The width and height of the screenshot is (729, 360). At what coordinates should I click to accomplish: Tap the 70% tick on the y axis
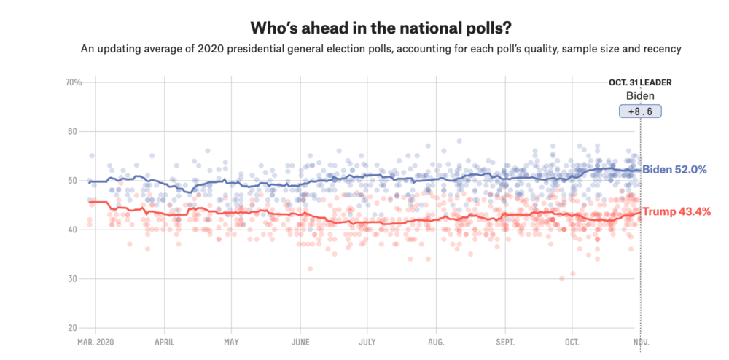(x=73, y=82)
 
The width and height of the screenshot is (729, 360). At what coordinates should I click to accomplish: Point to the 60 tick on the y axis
(x=74, y=132)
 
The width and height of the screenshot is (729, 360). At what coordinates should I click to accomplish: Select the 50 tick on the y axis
(x=74, y=181)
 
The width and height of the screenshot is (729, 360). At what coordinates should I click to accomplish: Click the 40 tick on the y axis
(x=74, y=230)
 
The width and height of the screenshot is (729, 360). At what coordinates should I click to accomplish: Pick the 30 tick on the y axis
(x=74, y=279)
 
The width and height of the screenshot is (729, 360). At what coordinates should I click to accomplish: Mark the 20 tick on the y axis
(x=74, y=328)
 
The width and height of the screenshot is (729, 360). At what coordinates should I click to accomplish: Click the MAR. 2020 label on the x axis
(x=95, y=341)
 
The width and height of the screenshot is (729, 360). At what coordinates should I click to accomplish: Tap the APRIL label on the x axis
(x=164, y=341)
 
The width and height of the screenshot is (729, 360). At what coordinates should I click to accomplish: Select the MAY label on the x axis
(x=231, y=341)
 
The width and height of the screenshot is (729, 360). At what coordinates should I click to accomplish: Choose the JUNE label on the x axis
(x=300, y=341)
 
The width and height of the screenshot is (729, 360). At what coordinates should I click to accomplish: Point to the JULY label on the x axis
(x=367, y=341)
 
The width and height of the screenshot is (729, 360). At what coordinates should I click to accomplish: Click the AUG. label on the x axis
(x=436, y=341)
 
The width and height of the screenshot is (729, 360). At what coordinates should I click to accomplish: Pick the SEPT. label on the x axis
(x=504, y=341)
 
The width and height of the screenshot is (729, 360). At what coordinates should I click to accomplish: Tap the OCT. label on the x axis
(x=572, y=341)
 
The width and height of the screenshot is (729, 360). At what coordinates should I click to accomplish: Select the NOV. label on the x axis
(x=640, y=341)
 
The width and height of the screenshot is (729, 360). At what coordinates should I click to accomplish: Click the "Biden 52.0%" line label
(x=674, y=170)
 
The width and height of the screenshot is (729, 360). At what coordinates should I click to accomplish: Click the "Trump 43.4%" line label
(x=674, y=211)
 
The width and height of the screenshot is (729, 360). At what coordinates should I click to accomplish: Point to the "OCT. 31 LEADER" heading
(x=640, y=82)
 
